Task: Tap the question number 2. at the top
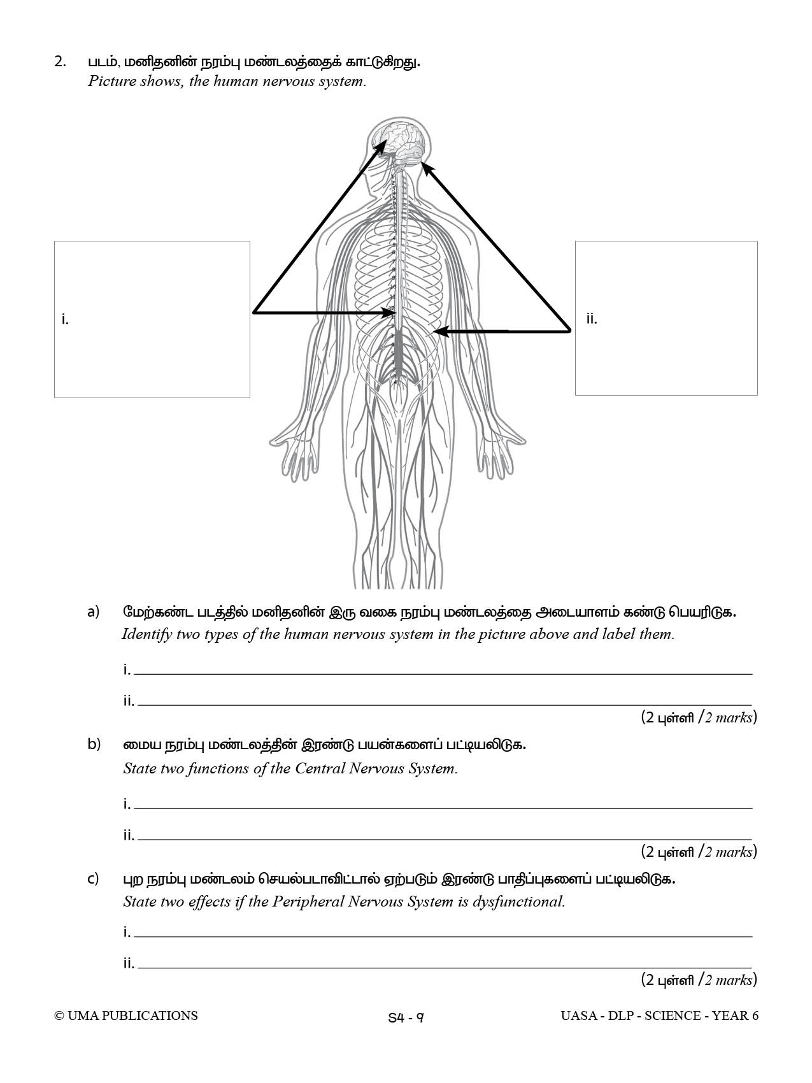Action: coord(61,62)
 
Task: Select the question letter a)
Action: coord(94,612)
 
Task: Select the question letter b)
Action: coord(94,744)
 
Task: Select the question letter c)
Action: coord(93,879)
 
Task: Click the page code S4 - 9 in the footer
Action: coord(406,1017)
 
